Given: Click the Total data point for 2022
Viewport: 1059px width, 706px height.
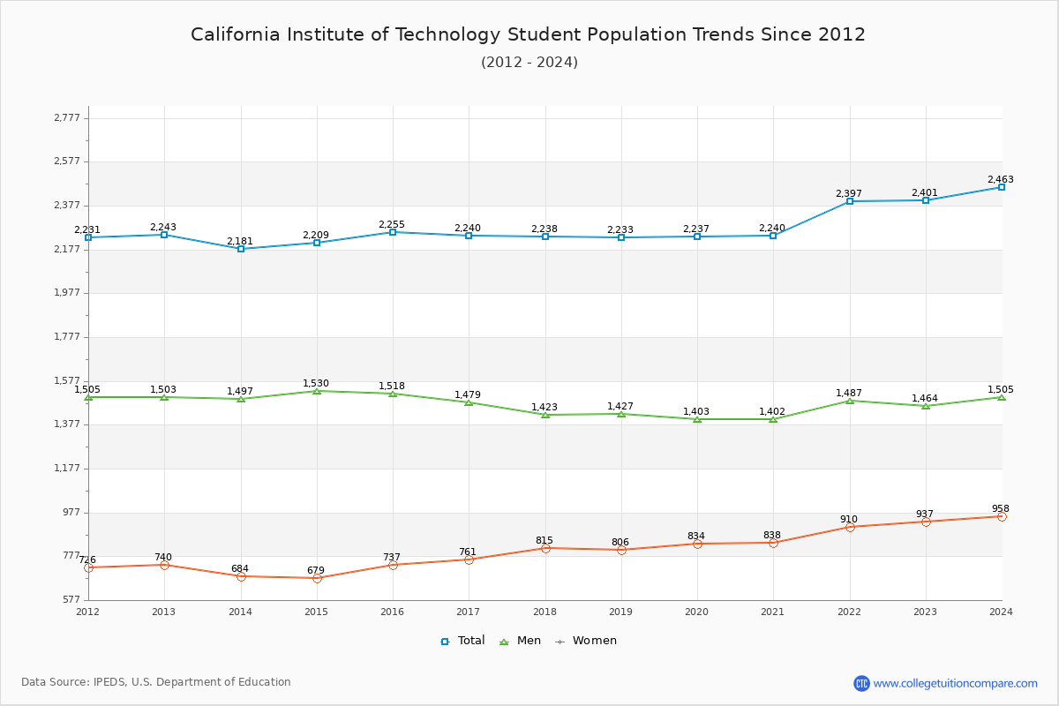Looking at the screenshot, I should point(850,201).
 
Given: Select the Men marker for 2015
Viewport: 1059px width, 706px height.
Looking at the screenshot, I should point(317,391).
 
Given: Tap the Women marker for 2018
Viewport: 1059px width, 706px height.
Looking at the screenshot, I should point(545,548).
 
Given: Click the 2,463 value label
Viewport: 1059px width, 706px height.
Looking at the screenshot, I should point(1000,179).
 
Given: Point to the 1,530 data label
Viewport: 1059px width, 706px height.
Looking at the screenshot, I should point(315,383).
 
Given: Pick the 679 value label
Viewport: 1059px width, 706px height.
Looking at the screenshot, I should point(315,570).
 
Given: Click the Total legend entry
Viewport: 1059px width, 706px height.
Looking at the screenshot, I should point(462,641).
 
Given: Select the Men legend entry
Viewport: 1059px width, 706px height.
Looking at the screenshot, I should point(522,641).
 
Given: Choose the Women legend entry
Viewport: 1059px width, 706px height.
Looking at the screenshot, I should point(586,641).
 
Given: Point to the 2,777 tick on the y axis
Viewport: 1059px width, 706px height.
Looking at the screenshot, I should point(67,117).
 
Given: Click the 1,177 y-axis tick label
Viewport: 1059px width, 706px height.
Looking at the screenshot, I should point(67,468).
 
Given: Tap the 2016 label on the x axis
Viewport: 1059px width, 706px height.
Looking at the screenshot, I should point(392,611).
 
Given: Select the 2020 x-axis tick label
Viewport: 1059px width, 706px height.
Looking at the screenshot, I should point(696,611).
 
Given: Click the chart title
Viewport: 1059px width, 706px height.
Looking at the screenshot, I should point(529,34).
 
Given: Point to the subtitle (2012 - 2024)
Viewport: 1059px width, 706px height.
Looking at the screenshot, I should point(529,62).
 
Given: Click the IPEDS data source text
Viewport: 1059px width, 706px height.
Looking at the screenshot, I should point(156,682).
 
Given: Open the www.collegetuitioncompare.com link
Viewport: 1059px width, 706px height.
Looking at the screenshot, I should point(956,683).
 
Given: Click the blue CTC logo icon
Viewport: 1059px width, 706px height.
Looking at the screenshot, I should point(861,683).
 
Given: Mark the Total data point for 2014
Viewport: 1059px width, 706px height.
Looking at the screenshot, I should point(241,249).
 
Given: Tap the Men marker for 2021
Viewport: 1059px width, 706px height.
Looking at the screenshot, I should point(773,419).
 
